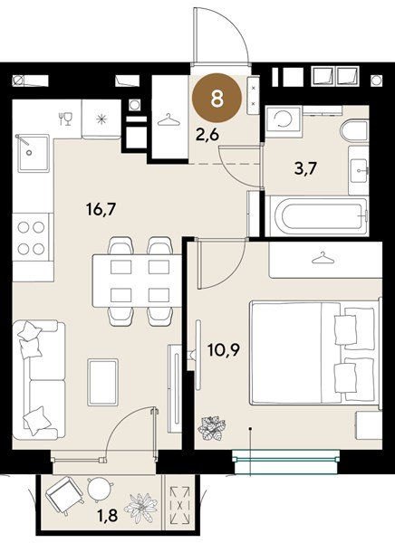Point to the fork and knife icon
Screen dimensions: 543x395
coord(64,119)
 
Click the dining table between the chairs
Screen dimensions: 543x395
coord(133,281)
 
